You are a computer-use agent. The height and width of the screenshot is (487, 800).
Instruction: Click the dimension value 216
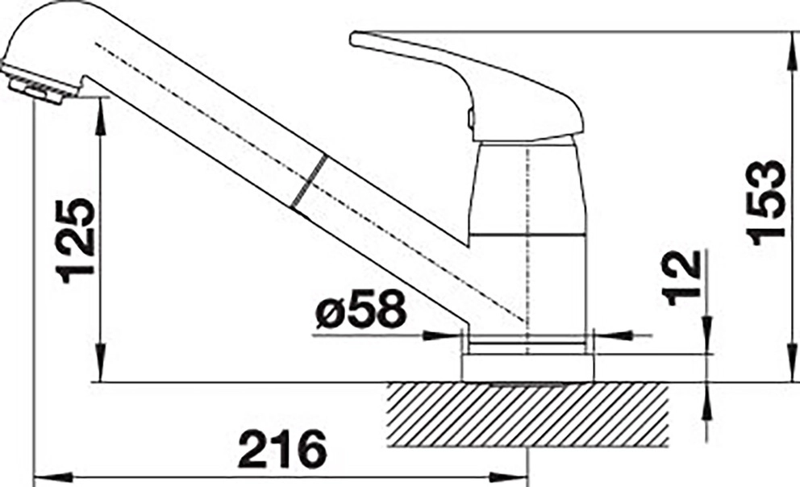tap(282, 449)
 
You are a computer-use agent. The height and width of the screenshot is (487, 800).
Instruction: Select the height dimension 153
tap(765, 202)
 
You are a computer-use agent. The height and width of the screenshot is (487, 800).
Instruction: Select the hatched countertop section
tap(527, 414)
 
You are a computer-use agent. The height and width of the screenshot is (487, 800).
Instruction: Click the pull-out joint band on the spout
tap(307, 181)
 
